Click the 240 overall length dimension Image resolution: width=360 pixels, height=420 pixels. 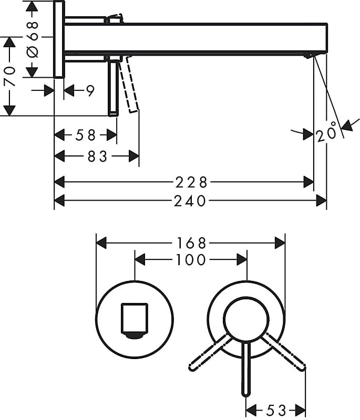coord(190,201)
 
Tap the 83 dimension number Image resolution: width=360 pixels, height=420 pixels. coord(96,156)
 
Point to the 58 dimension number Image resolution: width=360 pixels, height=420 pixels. coord(85,135)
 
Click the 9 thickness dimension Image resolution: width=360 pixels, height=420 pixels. coord(90,91)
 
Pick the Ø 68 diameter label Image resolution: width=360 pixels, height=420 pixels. coord(32,39)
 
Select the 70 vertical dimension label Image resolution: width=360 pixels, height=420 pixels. coord(10,76)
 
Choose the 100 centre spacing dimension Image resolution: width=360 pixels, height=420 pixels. coord(191,259)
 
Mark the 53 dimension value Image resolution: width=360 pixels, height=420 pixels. coord(276,409)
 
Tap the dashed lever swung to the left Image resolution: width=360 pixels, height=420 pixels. coord(209,351)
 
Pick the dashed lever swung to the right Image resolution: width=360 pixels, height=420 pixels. coord(284,351)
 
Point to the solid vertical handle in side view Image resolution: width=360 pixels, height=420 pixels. coord(112,87)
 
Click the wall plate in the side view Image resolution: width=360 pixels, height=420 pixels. coord(59,39)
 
